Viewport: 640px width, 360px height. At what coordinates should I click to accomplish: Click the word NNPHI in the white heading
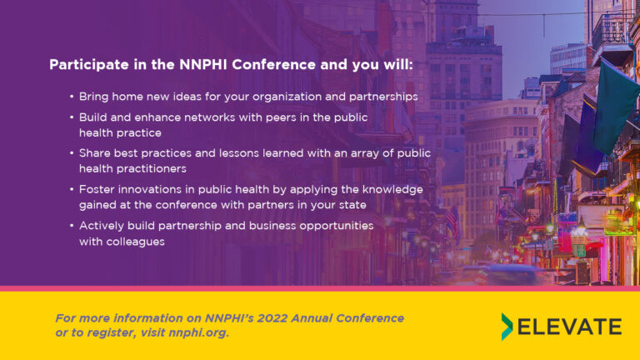[202, 64]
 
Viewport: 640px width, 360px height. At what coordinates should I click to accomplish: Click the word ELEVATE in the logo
[570, 327]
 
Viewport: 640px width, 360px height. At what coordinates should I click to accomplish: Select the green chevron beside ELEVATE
[507, 327]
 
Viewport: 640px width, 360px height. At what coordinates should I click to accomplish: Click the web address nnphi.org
[197, 333]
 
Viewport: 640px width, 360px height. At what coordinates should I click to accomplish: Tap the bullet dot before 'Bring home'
[72, 97]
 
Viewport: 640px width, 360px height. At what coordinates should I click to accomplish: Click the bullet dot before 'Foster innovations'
[72, 189]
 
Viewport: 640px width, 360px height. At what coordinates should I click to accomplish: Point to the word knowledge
[392, 190]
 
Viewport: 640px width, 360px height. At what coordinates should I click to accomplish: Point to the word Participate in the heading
[89, 64]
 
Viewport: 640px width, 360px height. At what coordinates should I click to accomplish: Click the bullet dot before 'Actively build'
[72, 226]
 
